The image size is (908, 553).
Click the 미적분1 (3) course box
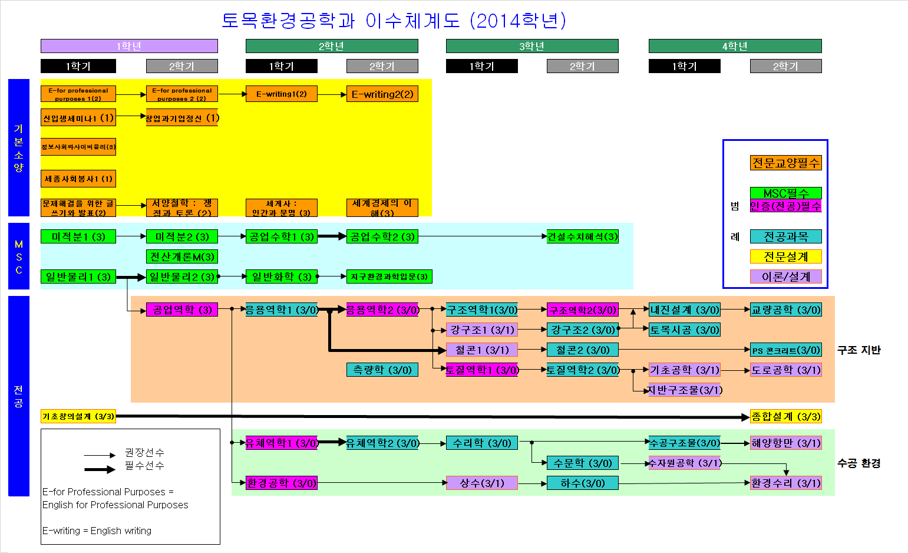78,236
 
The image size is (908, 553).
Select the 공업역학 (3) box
182,310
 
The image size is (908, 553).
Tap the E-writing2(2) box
382,94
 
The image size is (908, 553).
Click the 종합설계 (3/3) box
785,416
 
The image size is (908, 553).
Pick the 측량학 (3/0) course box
382,370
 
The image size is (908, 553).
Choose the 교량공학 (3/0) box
785,310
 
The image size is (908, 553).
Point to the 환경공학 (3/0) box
282,483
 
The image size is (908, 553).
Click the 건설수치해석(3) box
583,236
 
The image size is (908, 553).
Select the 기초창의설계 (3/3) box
78,416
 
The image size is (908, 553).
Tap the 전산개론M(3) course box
182,256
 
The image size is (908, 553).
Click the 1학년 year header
129,46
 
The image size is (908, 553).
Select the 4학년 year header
735,46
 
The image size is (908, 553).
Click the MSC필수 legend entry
785,193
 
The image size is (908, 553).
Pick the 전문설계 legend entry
785,256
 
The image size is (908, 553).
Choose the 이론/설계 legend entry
785,276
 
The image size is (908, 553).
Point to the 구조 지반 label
859,350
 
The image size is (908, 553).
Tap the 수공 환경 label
859,463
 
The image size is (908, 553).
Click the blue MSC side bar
19,256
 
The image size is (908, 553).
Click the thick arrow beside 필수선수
100,469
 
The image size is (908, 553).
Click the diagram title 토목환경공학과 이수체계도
394,21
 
